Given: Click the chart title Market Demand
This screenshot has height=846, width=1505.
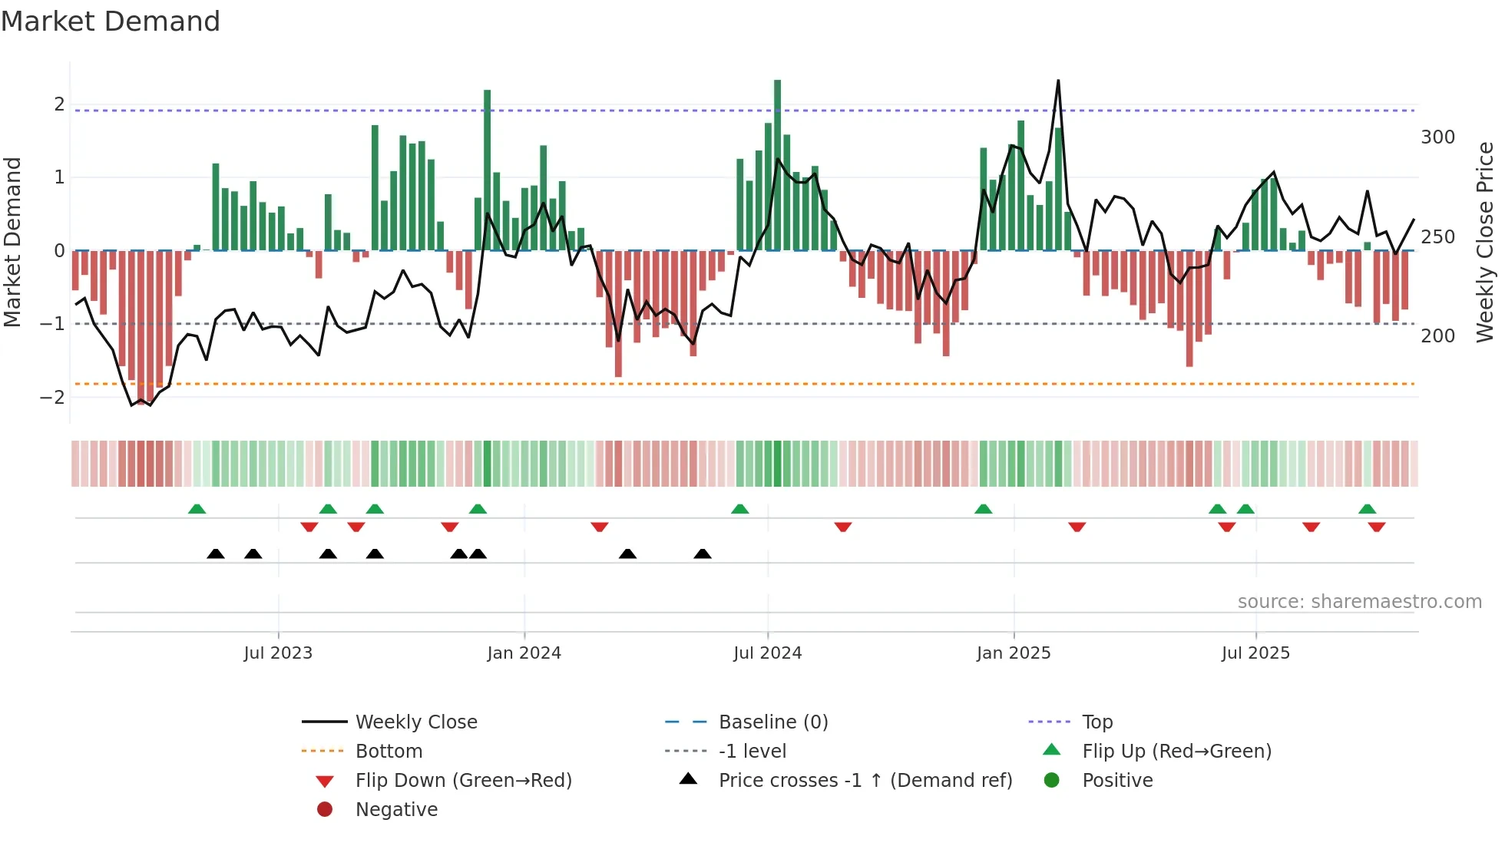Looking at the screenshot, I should pyautogui.click(x=111, y=21).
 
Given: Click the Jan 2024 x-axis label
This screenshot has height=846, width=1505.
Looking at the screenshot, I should pyautogui.click(x=524, y=653).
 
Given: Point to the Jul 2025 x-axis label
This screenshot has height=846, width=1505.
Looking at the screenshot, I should pyautogui.click(x=1255, y=653).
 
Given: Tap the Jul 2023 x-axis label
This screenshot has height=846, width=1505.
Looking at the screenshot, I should pyautogui.click(x=278, y=653).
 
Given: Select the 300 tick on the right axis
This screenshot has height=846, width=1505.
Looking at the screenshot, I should pyautogui.click(x=1437, y=137).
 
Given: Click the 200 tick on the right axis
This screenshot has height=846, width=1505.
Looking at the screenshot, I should pyautogui.click(x=1437, y=336).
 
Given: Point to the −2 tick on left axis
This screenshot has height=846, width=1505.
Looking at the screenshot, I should pyautogui.click(x=52, y=398).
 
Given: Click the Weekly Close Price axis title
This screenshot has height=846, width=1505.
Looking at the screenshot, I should pyautogui.click(x=1485, y=242).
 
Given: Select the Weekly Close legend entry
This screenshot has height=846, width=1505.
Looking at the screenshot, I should pyautogui.click(x=415, y=722).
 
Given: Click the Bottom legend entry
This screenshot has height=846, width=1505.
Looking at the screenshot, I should pyautogui.click(x=389, y=752).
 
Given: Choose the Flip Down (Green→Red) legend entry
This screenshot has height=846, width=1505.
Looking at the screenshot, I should pyautogui.click(x=463, y=781).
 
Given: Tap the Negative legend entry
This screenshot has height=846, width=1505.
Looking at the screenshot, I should pyautogui.click(x=396, y=810).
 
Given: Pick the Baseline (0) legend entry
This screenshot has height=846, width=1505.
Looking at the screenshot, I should pyautogui.click(x=772, y=722).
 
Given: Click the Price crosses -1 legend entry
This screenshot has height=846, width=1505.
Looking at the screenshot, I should pyautogui.click(x=865, y=781).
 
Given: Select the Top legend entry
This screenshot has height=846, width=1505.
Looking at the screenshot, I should pyautogui.click(x=1096, y=722).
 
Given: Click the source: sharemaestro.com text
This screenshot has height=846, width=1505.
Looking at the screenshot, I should pyautogui.click(x=1359, y=602).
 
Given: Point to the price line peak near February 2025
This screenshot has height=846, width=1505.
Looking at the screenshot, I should pyautogui.click(x=1058, y=81).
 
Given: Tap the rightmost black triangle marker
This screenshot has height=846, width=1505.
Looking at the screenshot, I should pyautogui.click(x=702, y=554).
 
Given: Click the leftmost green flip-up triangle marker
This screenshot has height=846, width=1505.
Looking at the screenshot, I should pyautogui.click(x=197, y=509).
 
